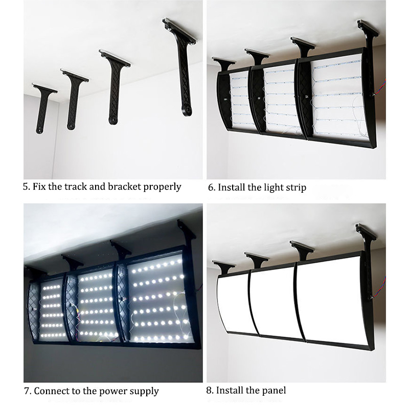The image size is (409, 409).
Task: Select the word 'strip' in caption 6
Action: [296, 188]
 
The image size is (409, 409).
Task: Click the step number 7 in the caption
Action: [27, 391]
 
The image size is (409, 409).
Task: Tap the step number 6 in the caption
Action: [211, 188]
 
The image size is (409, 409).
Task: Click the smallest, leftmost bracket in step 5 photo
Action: [44, 107]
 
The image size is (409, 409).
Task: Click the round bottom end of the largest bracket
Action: [187, 110]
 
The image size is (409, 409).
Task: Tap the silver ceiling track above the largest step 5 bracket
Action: [179, 30]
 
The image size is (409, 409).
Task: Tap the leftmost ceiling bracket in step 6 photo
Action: [223, 64]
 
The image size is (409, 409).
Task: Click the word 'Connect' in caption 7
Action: [50, 391]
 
